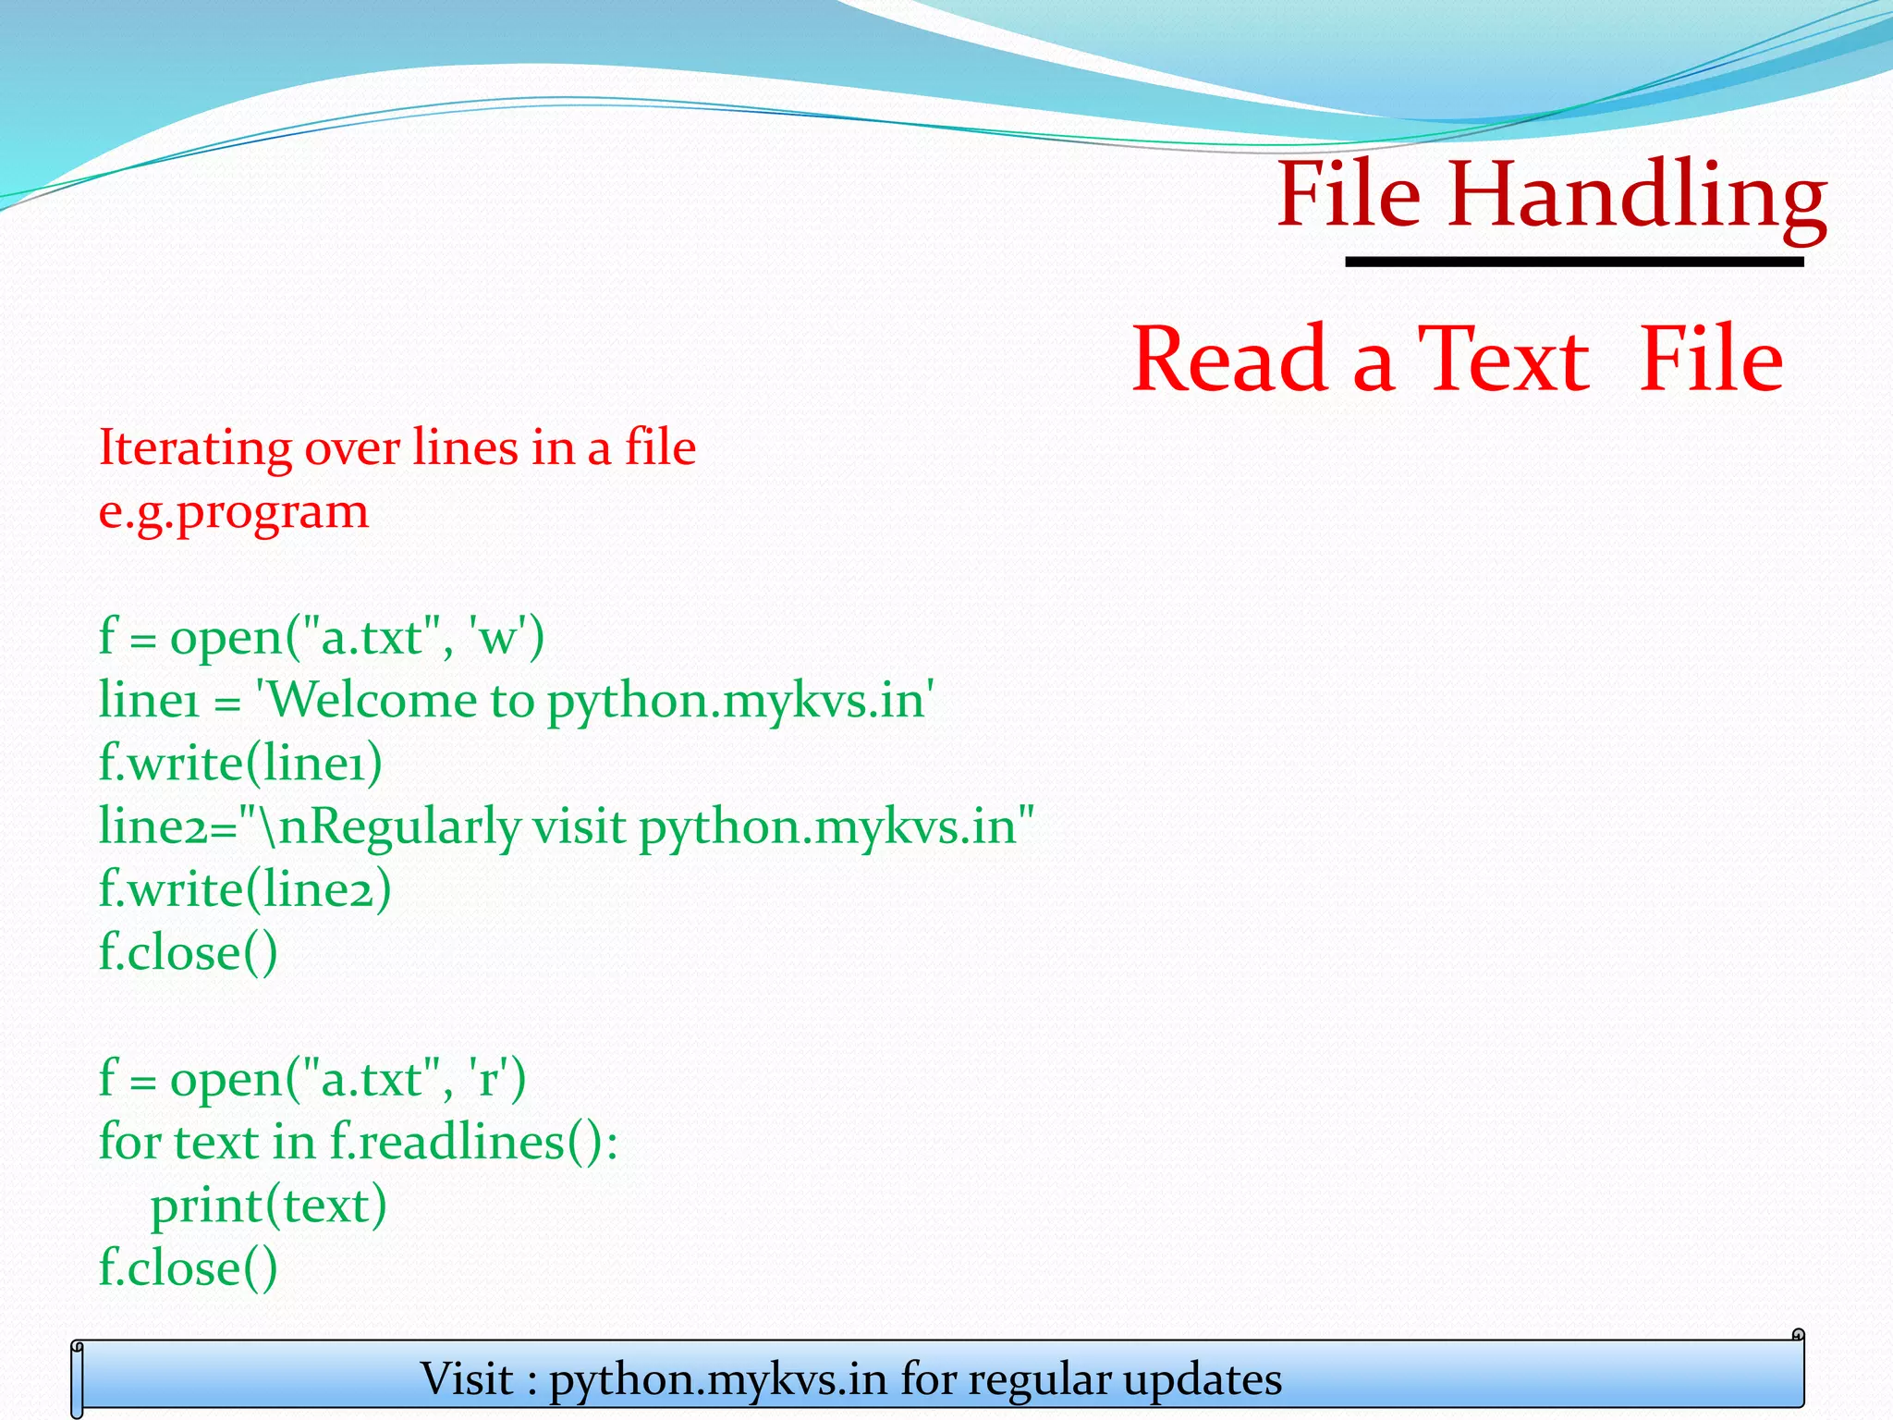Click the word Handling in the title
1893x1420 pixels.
(x=1636, y=196)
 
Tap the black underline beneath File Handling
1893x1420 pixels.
(x=1573, y=263)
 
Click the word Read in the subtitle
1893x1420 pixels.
(x=1230, y=360)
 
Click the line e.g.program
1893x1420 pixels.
(x=233, y=511)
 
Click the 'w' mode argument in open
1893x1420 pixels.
(x=499, y=637)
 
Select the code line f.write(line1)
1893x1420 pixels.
(x=240, y=764)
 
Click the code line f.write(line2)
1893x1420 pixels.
(x=245, y=889)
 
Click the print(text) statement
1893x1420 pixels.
(x=268, y=1206)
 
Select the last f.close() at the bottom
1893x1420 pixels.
(x=188, y=1267)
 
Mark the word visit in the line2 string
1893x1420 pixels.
(x=579, y=826)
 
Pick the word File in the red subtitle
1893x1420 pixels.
(x=1710, y=360)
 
